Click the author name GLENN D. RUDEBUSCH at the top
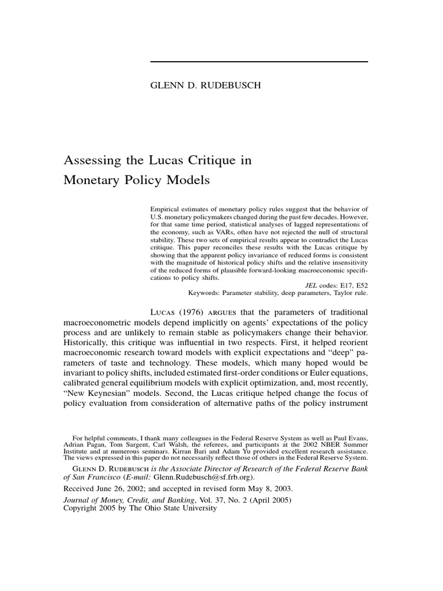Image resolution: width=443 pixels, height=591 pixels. point(205,85)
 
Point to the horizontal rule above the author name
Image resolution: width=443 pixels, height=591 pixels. point(258,61)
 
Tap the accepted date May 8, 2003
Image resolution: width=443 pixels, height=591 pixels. point(251,488)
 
